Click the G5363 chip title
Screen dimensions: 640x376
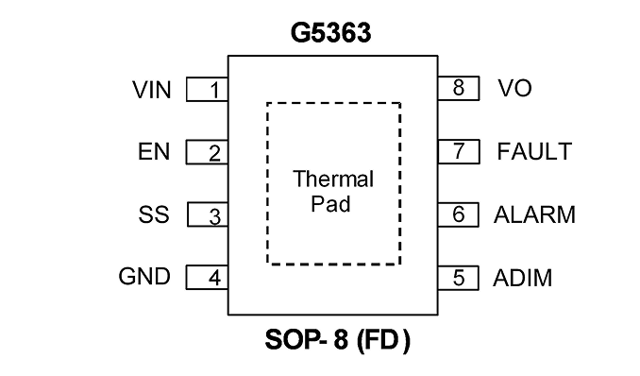click(331, 32)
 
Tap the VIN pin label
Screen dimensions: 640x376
click(151, 90)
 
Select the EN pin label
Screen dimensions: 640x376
click(154, 151)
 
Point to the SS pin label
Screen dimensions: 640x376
click(154, 214)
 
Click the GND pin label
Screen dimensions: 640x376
click(144, 276)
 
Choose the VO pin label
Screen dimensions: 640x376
click(514, 88)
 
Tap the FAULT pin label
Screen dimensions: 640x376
click(534, 151)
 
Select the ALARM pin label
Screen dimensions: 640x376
click(534, 214)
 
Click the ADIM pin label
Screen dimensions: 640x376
click(522, 278)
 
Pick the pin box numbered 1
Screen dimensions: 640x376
click(207, 89)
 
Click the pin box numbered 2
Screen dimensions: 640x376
click(207, 152)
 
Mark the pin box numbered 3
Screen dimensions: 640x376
click(208, 214)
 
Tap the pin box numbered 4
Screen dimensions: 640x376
click(207, 277)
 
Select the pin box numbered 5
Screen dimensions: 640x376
click(459, 278)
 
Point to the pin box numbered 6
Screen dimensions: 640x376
click(459, 214)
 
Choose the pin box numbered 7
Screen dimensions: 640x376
click(459, 151)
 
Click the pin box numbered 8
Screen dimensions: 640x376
click(459, 88)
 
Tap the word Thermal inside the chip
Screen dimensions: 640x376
click(333, 179)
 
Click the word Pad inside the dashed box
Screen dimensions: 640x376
click(330, 203)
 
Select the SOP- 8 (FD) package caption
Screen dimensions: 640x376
click(338, 339)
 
